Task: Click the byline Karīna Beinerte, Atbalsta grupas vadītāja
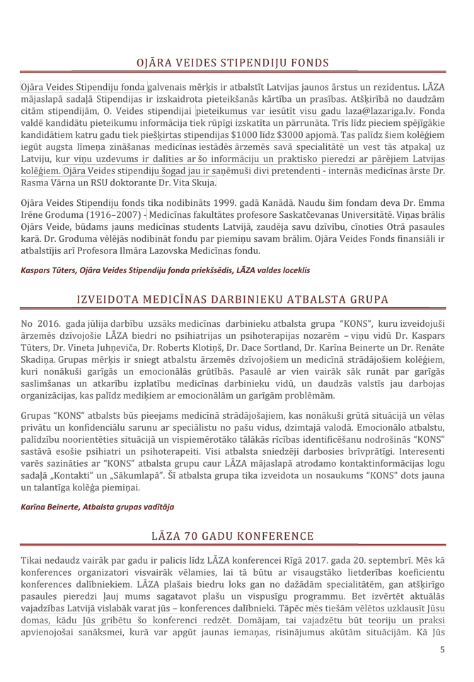[x=98, y=507]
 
